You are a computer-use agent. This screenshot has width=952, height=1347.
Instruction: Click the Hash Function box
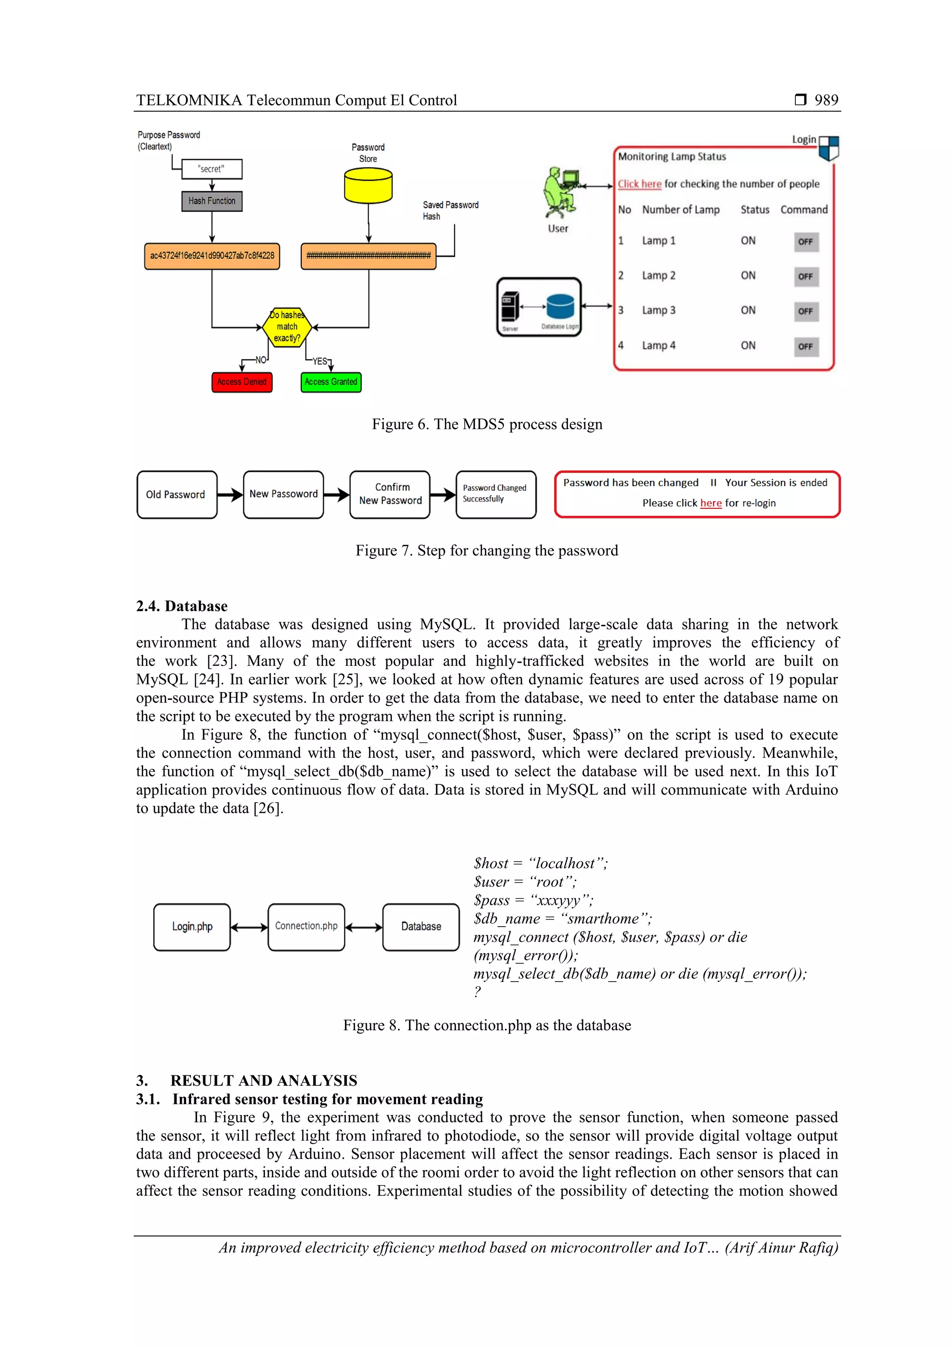(212, 201)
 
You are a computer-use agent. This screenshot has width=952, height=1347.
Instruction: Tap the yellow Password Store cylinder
(368, 186)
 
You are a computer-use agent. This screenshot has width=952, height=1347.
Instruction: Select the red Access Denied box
(242, 382)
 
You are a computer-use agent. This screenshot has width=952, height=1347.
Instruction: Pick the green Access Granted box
(331, 382)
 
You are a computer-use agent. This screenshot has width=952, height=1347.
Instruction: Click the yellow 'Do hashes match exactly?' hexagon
(287, 327)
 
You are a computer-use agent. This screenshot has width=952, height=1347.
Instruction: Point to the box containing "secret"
(212, 169)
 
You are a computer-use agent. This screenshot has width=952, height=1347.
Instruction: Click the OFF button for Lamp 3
(806, 312)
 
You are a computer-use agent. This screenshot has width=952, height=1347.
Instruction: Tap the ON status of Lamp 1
(748, 240)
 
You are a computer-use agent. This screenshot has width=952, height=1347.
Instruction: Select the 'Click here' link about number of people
(639, 184)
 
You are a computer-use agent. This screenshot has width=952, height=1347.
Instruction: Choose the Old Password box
(177, 495)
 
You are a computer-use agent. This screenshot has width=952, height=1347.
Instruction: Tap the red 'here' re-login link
(710, 504)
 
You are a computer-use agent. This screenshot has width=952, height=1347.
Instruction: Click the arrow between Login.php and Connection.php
(249, 928)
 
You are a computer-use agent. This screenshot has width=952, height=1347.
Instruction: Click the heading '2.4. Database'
(182, 606)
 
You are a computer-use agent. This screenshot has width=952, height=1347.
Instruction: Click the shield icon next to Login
(828, 148)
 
